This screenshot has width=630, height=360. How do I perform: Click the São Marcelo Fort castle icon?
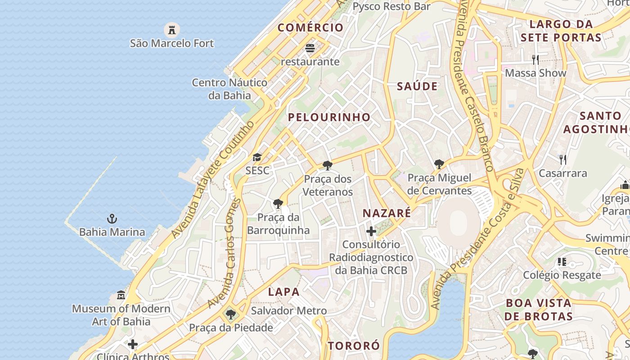[171, 30]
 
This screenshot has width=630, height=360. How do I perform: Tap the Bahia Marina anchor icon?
[112, 219]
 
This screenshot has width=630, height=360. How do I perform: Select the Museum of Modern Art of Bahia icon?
[121, 296]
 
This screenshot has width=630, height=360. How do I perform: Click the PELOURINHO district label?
[329, 117]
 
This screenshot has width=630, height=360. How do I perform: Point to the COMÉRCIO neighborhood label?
[310, 27]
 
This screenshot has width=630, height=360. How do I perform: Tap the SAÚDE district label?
[417, 86]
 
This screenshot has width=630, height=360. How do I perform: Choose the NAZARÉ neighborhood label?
[387, 213]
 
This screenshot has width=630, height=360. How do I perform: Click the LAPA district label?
[284, 292]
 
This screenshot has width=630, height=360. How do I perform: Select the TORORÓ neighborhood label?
[354, 346]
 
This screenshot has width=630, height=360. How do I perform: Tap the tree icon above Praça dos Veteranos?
[328, 166]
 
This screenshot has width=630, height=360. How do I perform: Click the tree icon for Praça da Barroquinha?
[278, 204]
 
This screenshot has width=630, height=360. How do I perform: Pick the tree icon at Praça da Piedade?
[230, 314]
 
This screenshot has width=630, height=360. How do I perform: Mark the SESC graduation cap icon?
[257, 157]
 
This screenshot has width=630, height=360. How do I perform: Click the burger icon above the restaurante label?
[310, 48]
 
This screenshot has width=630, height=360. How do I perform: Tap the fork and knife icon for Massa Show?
[535, 59]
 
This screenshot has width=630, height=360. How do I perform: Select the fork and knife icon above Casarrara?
[562, 159]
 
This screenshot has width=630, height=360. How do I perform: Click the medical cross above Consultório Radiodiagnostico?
[371, 231]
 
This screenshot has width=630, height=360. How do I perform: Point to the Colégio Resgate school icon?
[562, 261]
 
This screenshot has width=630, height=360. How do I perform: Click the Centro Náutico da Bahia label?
[229, 89]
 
